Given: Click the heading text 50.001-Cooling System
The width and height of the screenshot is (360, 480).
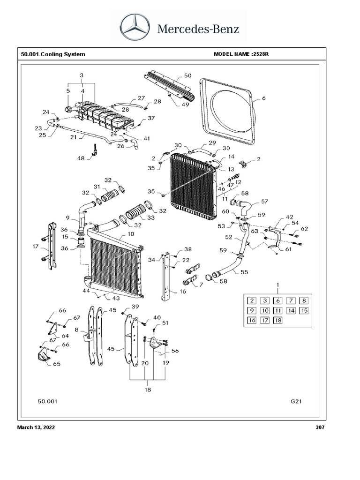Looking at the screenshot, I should [x=53, y=54].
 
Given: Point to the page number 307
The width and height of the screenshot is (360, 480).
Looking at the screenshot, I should [x=321, y=427].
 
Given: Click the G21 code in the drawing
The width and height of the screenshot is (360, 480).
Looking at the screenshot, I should [x=297, y=402].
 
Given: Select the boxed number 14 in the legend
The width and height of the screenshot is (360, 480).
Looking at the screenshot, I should [x=291, y=311].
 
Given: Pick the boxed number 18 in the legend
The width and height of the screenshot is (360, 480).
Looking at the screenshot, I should [x=278, y=321].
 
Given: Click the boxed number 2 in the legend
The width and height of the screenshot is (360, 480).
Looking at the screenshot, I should [x=252, y=301].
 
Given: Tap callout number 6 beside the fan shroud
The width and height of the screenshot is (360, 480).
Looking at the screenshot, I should [x=263, y=98].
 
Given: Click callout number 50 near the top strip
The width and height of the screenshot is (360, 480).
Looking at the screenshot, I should [x=187, y=75].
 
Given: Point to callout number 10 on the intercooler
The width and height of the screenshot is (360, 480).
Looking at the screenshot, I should [x=131, y=234].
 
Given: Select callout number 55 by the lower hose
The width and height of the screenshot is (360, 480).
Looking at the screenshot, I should [x=245, y=271].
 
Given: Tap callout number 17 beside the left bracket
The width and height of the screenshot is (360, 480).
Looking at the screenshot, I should [x=36, y=246].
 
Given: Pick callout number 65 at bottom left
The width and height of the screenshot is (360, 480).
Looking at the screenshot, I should [x=57, y=363].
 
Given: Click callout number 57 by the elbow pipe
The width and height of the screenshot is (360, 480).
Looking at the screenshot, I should [x=264, y=201].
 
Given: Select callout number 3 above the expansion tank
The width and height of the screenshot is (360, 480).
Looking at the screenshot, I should [x=82, y=75].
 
